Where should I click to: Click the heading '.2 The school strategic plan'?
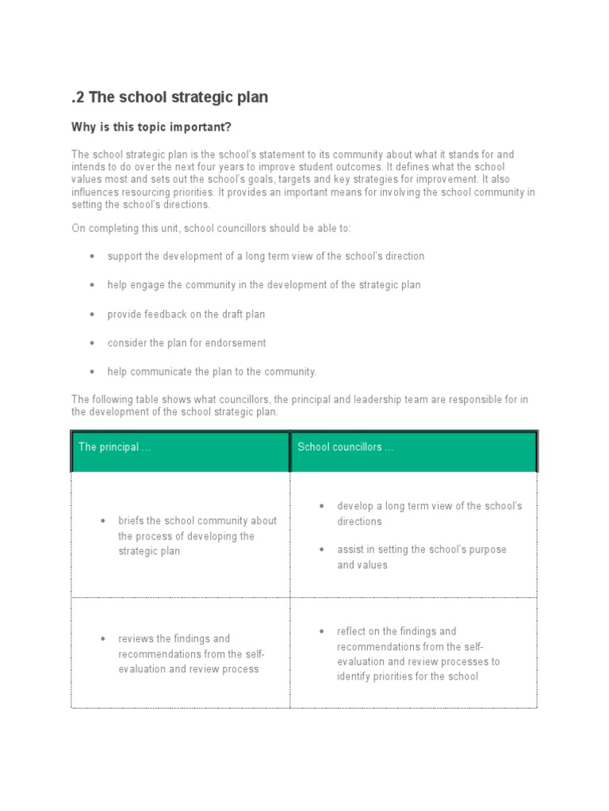[170, 97]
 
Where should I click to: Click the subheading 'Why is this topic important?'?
[151, 128]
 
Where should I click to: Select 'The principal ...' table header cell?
[114, 447]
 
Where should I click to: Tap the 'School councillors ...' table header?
[345, 447]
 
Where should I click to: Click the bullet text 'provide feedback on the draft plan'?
[186, 314]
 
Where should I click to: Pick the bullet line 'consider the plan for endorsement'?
[186, 343]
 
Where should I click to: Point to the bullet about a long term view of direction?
[266, 257]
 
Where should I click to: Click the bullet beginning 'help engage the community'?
[264, 285]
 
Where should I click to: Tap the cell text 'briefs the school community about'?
[197, 521]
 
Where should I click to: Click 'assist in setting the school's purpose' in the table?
[421, 550]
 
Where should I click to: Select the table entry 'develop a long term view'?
[429, 506]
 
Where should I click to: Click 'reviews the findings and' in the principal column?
[174, 638]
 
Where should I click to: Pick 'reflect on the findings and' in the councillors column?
[396, 631]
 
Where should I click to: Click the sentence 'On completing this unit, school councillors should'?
[211, 228]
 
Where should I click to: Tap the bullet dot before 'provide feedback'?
[93, 314]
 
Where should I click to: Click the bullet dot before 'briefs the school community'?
[103, 521]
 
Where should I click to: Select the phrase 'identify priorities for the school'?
[408, 676]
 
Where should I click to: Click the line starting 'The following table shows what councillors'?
[300, 400]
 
